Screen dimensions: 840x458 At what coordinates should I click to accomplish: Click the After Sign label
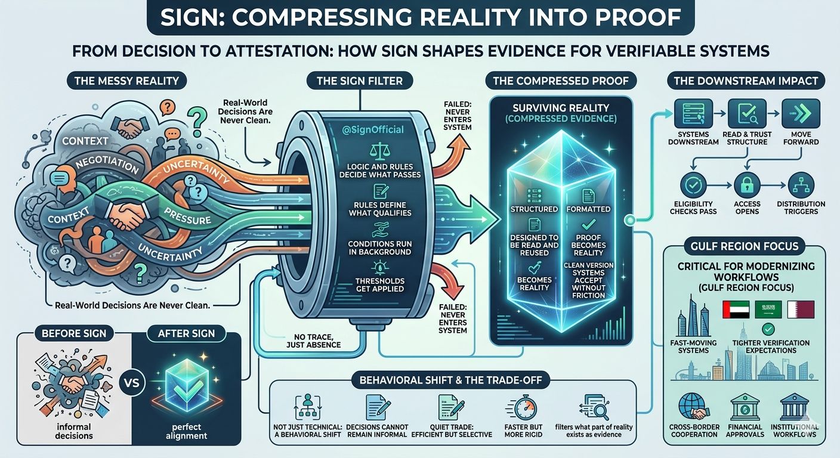[x=187, y=333]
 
